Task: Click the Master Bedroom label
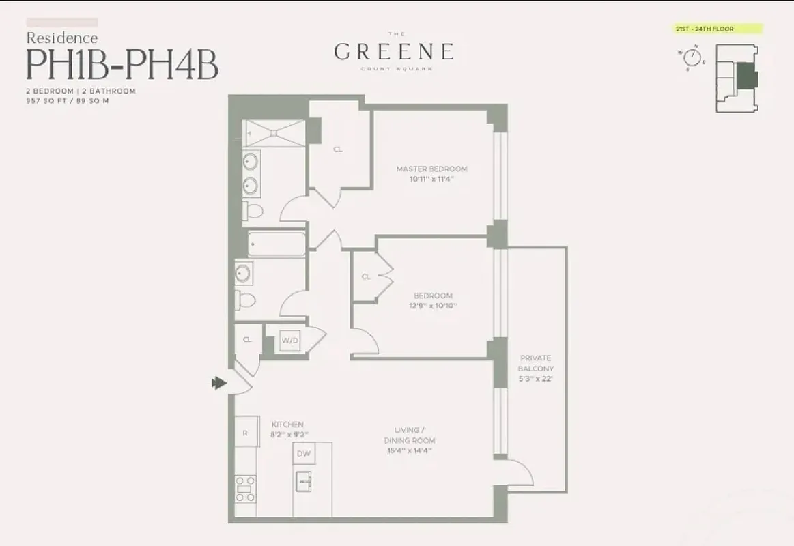(431, 169)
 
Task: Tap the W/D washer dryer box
(290, 341)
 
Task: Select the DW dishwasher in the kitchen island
(304, 453)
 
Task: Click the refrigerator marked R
(246, 432)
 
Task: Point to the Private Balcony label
(535, 363)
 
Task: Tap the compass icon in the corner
(692, 56)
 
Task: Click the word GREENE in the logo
(394, 51)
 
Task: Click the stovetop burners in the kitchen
(246, 487)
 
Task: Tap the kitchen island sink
(303, 480)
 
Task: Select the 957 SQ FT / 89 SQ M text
(68, 100)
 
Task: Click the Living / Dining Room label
(410, 435)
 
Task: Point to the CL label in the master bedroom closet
(338, 149)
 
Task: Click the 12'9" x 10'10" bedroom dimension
(434, 306)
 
